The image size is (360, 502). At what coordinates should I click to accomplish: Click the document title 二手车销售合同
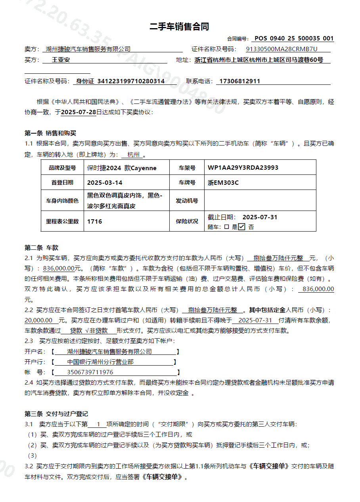[x=179, y=27]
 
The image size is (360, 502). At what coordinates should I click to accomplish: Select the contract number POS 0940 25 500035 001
[x=294, y=38]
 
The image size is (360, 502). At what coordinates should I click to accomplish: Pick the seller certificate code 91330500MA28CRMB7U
[x=282, y=49]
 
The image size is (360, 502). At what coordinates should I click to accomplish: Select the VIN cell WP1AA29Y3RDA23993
[x=243, y=168]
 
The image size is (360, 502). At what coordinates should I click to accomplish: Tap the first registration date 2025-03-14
[x=105, y=183]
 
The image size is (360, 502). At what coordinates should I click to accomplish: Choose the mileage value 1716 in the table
[x=95, y=221]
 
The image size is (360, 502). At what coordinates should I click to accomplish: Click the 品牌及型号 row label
[x=62, y=168]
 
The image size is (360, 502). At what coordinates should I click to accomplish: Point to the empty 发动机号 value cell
[x=260, y=201]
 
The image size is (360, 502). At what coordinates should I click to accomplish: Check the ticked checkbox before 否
[x=242, y=227]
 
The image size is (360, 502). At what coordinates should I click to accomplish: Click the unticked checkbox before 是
[x=226, y=227]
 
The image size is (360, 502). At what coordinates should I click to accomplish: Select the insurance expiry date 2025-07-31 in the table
[x=260, y=217]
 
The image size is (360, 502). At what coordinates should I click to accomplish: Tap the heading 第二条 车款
[x=42, y=248]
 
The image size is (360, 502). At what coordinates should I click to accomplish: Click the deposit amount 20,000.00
[x=38, y=320]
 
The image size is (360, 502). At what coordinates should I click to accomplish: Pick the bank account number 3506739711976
[x=90, y=372]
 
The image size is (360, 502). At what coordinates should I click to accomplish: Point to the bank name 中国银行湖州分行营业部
[x=100, y=362]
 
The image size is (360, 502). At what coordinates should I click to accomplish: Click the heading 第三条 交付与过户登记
[x=56, y=414]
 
